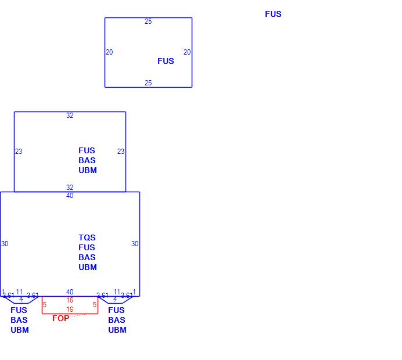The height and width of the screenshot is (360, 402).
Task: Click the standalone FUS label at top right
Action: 273,14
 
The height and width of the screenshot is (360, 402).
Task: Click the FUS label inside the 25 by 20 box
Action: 166,61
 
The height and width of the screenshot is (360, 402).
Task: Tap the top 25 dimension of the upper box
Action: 148,21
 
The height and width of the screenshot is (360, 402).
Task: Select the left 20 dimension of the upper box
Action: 109,52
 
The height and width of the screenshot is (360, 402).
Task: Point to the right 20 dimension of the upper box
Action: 187,52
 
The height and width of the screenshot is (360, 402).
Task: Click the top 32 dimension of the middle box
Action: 70,116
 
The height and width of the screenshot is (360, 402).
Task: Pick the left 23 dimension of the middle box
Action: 19,152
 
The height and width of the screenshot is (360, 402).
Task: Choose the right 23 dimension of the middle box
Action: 121,152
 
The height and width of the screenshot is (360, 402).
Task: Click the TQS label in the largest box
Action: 87,237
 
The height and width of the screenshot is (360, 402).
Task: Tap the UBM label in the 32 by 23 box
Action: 88,170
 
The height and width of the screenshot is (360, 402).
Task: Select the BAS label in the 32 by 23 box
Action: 87,160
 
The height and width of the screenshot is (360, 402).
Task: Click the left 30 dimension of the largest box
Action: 5,244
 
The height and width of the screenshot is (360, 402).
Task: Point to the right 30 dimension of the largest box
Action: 135,244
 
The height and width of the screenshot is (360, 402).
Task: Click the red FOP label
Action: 60,318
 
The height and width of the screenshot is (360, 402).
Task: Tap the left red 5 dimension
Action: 45,305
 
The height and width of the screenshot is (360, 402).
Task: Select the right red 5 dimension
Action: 95,305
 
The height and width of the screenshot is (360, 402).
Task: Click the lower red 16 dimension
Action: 70,309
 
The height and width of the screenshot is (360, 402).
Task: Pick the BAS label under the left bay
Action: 19,320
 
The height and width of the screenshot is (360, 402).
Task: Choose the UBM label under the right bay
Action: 117,330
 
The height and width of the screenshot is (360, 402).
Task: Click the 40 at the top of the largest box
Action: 70,196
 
